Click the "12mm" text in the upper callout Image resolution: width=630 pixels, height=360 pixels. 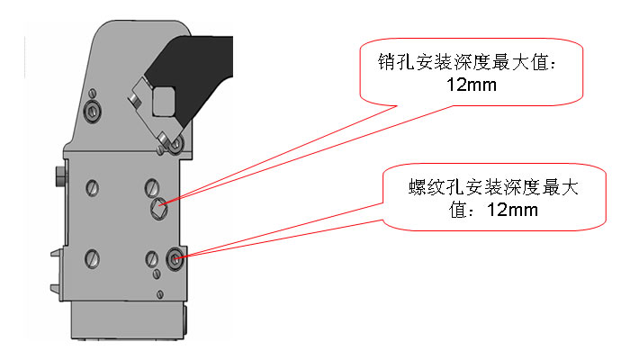(x=472, y=85)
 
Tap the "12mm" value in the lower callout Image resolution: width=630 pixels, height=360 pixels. (x=512, y=210)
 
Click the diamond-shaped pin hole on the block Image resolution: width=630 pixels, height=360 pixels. (x=159, y=209)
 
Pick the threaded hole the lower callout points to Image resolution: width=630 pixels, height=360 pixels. (x=175, y=259)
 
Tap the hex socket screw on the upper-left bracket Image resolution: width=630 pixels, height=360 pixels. (x=92, y=110)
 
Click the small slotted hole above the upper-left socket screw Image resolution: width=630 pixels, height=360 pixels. (x=93, y=94)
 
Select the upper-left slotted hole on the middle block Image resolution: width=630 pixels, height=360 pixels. (x=93, y=187)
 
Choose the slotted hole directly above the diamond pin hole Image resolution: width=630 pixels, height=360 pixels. (x=152, y=187)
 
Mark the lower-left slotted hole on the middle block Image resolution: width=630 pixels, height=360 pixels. (x=93, y=258)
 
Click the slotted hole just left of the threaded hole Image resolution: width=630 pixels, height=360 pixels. (x=152, y=259)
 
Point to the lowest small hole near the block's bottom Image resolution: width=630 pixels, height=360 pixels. (x=160, y=294)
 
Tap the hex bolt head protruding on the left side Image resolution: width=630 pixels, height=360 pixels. (x=60, y=176)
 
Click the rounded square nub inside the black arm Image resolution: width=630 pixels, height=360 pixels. (x=164, y=101)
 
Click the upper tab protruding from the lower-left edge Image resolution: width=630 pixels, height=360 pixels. (x=57, y=254)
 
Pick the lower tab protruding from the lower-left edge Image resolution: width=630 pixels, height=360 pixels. (x=57, y=287)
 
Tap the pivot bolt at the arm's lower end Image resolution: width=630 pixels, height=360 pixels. (x=175, y=143)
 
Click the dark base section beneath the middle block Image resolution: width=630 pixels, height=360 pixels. (x=129, y=320)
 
